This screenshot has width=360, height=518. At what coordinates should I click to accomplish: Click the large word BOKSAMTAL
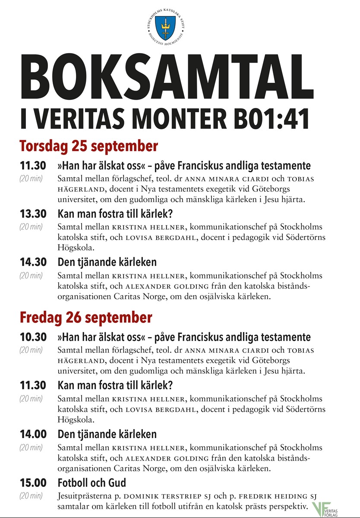point(166,79)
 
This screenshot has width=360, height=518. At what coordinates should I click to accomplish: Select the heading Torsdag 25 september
point(88,146)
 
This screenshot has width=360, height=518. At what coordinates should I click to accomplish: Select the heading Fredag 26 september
point(86,318)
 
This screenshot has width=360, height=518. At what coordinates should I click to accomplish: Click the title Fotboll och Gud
point(92,482)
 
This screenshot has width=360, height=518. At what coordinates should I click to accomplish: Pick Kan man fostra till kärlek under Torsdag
point(115,213)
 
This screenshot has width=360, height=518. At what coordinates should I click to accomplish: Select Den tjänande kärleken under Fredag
point(107,434)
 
